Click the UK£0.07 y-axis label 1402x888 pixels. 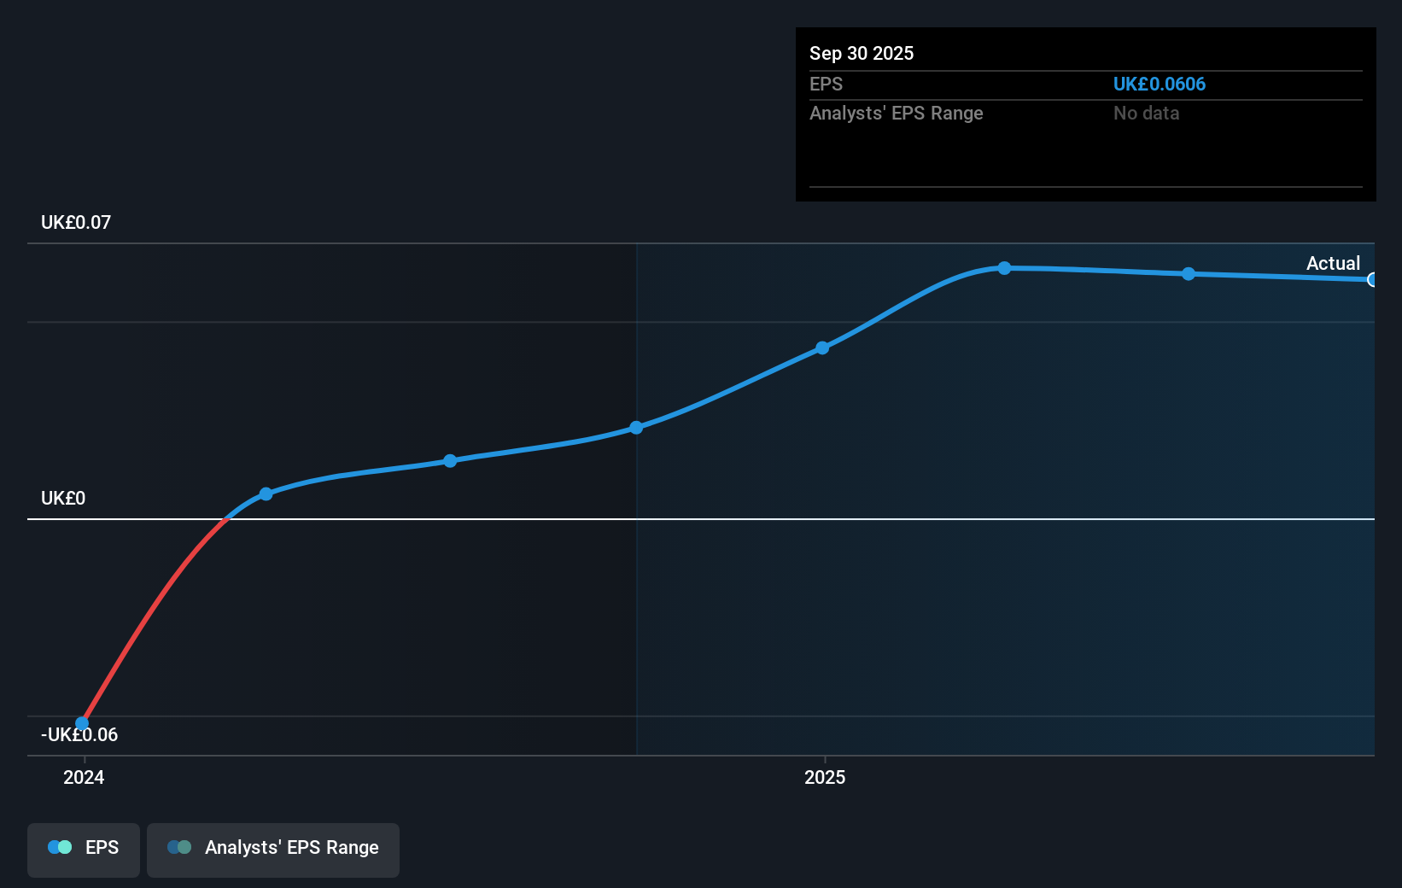click(x=76, y=223)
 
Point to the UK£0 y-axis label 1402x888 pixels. click(x=63, y=499)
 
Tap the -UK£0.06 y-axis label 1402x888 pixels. click(x=79, y=735)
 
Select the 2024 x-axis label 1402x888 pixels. click(x=84, y=778)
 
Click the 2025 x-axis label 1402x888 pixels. click(x=825, y=778)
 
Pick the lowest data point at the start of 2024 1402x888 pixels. click(x=82, y=723)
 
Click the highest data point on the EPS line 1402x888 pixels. click(x=1004, y=268)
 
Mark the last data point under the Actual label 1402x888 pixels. click(x=1372, y=279)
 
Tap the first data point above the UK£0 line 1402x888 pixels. click(x=266, y=494)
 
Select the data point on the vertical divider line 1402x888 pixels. click(x=636, y=427)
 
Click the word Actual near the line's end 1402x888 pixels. click(x=1333, y=264)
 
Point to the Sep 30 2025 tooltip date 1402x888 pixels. click(x=862, y=54)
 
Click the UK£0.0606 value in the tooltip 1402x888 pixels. click(x=1159, y=85)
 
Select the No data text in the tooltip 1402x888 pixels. click(x=1146, y=114)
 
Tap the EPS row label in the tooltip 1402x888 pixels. click(x=826, y=85)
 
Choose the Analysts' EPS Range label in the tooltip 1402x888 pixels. click(x=896, y=114)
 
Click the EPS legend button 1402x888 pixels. click(x=84, y=849)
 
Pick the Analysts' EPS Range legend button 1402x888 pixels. click(x=273, y=849)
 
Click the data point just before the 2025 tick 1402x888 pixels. click(x=821, y=348)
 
